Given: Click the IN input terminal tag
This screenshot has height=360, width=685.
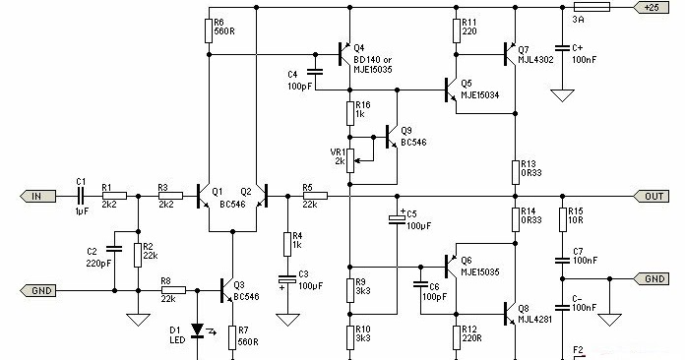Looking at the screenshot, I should tap(34, 197).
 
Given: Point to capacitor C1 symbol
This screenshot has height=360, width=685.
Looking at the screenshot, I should tap(81, 197).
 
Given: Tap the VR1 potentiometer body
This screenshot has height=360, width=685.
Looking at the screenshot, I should tap(350, 157).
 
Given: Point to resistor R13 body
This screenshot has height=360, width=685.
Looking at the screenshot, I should tap(514, 169).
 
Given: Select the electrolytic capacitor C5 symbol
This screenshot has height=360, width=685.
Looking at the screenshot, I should tap(397, 217).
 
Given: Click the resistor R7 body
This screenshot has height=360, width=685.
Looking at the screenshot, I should tap(233, 335).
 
